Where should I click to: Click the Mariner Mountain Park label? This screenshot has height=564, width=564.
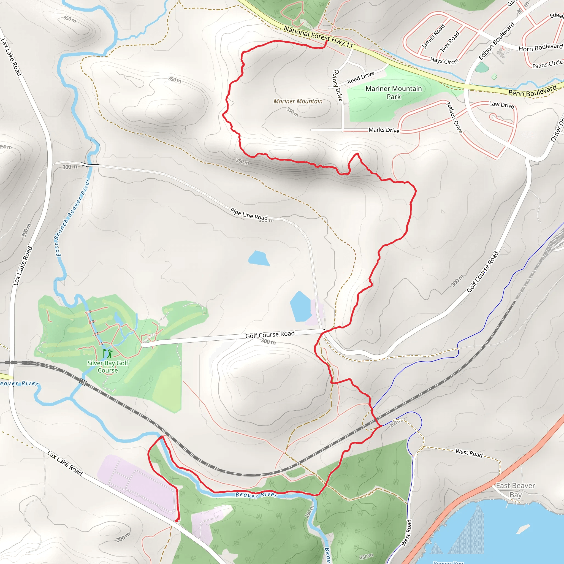pos(394,93)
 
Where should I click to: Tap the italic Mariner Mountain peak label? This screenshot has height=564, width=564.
pos(298,101)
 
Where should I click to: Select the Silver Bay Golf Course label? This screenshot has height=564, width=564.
pos(108,367)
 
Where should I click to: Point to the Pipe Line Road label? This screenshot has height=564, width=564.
pos(249,214)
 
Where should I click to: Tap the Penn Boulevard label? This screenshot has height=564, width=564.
pos(533,91)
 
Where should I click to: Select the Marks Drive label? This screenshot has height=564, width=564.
pos(384,130)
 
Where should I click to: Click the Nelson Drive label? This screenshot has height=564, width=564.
pos(454,118)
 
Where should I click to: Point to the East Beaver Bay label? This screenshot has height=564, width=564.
pos(516,490)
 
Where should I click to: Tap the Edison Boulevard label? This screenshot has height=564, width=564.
pos(497,41)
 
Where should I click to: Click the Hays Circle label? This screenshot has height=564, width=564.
pos(444,61)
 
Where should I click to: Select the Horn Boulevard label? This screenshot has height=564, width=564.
pos(540,48)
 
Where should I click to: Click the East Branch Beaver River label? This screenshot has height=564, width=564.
pos(72,218)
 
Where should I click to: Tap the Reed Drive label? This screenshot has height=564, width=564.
pos(360,78)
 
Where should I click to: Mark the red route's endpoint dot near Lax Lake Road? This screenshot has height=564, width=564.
pos(177,520)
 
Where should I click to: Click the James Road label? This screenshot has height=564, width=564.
pos(433,36)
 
